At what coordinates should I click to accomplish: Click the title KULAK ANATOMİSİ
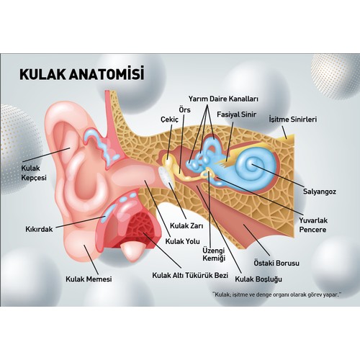[x=82, y=73]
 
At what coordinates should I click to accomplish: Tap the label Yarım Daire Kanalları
[x=223, y=99]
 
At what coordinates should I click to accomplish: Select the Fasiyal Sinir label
[x=236, y=114]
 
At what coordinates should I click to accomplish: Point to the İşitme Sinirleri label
[x=293, y=120]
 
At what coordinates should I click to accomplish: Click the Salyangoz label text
[x=320, y=192]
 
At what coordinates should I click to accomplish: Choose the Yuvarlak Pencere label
[x=313, y=225]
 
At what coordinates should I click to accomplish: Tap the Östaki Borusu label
[x=276, y=263]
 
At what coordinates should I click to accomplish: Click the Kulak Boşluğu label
[x=258, y=279]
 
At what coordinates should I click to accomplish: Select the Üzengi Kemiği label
[x=214, y=254]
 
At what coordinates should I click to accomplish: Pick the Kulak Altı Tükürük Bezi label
[x=190, y=275]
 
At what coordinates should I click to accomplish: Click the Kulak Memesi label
[x=89, y=279]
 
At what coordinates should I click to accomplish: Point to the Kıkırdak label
[x=39, y=229]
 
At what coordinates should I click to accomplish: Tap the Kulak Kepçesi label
[x=34, y=173]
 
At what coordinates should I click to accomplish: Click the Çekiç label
[x=169, y=120]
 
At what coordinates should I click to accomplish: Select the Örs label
[x=184, y=110]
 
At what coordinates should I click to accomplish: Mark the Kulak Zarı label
[x=186, y=226]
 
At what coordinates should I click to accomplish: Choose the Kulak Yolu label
[x=182, y=241]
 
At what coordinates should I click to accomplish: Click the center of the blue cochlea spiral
[x=251, y=165]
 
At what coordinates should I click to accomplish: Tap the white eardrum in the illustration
[x=166, y=179]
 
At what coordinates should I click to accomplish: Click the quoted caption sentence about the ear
[x=276, y=294]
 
